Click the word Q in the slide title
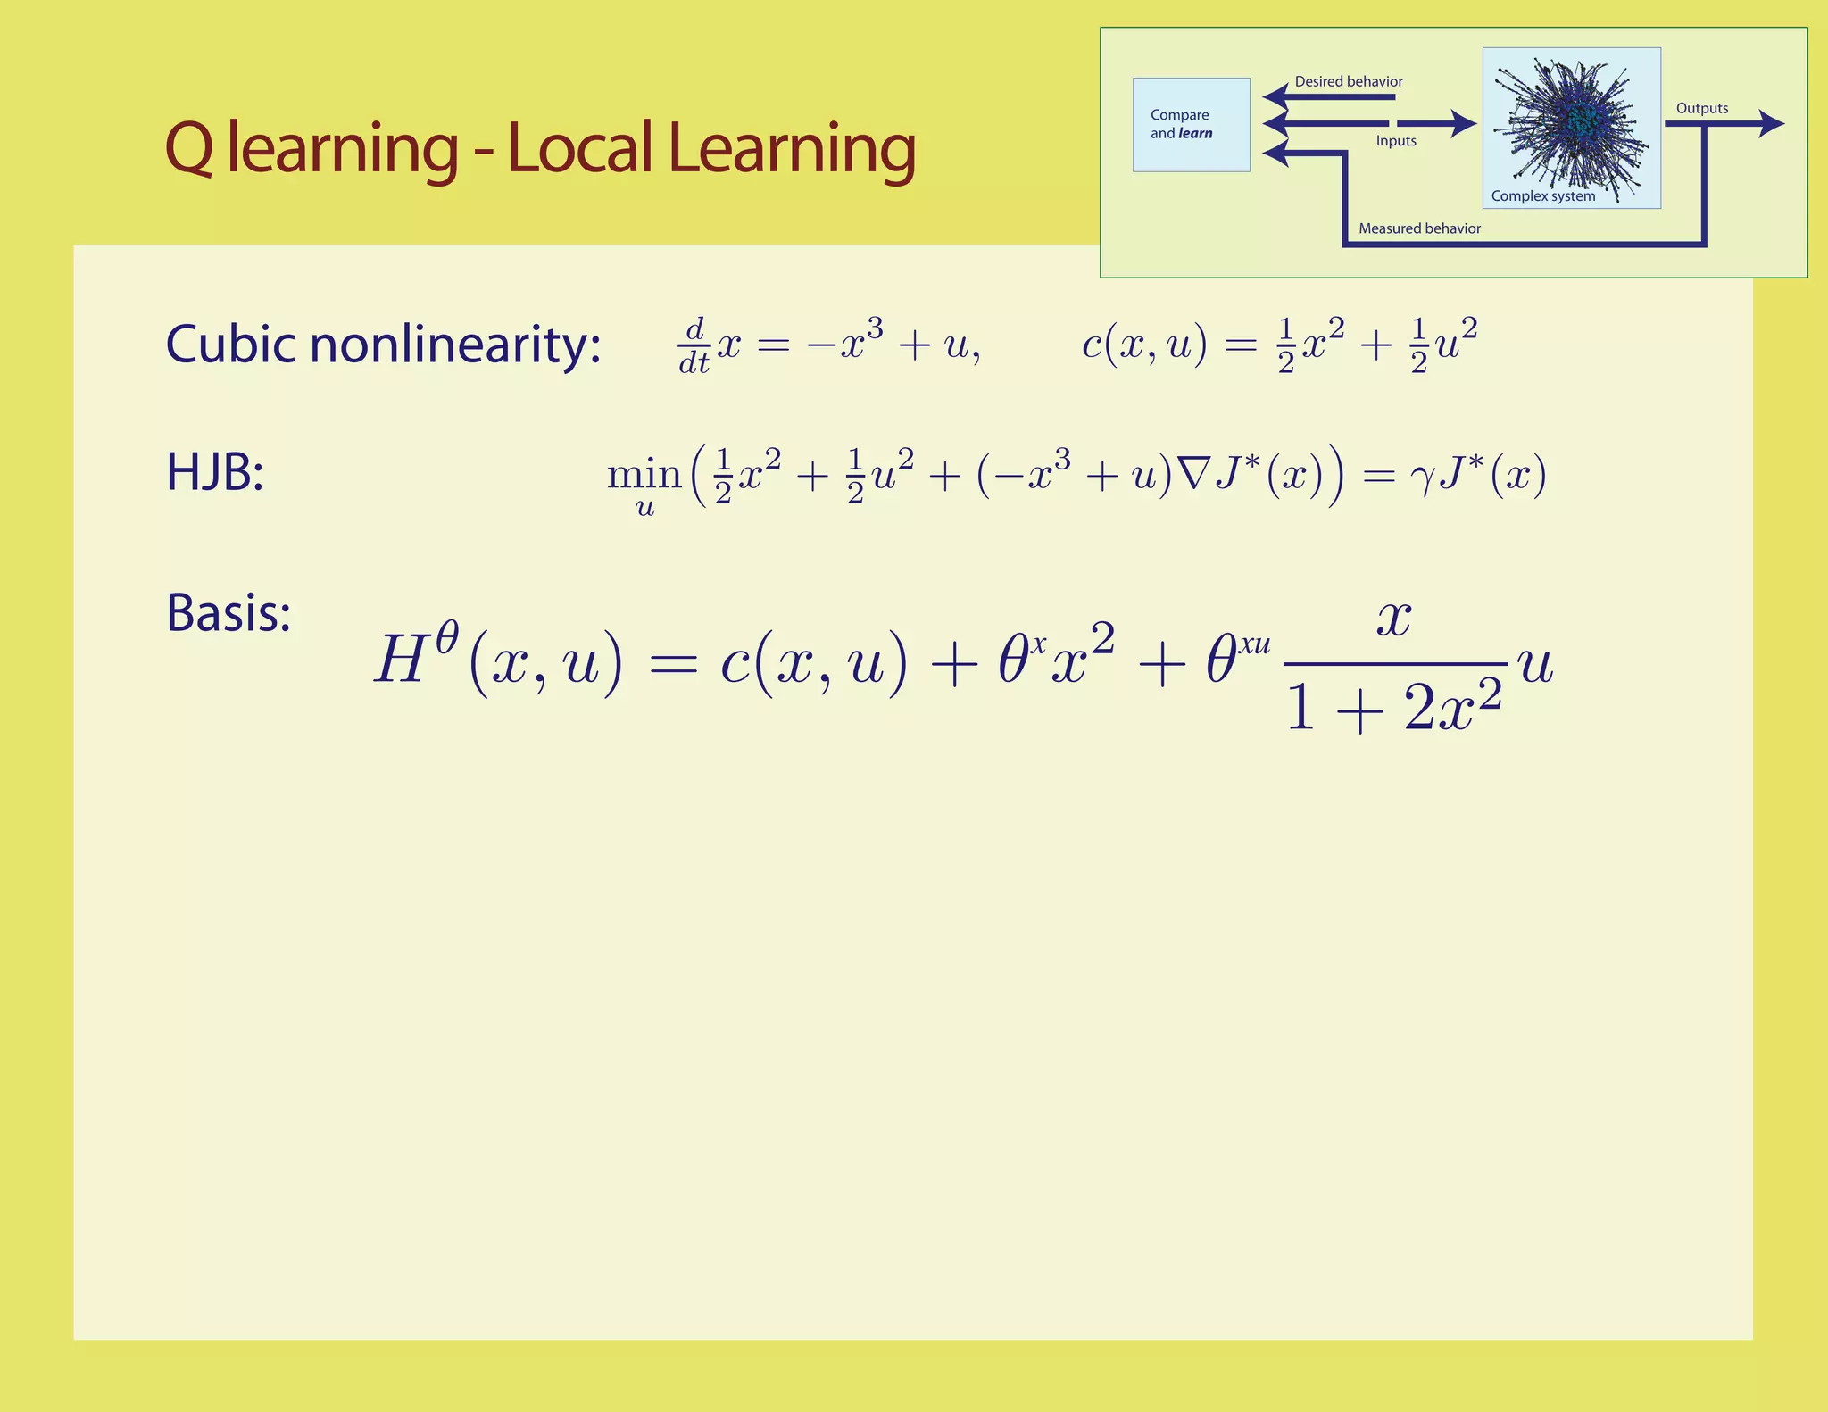(x=189, y=149)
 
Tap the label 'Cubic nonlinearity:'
(x=383, y=345)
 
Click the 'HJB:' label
(x=214, y=472)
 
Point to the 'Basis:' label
(x=228, y=613)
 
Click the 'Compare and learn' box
(x=1191, y=125)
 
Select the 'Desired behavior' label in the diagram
(x=1348, y=82)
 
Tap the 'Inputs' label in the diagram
(x=1396, y=141)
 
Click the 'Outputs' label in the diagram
(x=1701, y=109)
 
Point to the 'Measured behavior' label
(x=1419, y=228)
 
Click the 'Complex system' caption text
(x=1542, y=196)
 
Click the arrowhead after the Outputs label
(x=1771, y=124)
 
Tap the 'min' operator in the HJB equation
(x=644, y=474)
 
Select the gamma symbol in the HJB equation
(x=1421, y=478)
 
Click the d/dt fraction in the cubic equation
(x=694, y=346)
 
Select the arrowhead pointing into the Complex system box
(x=1463, y=123)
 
